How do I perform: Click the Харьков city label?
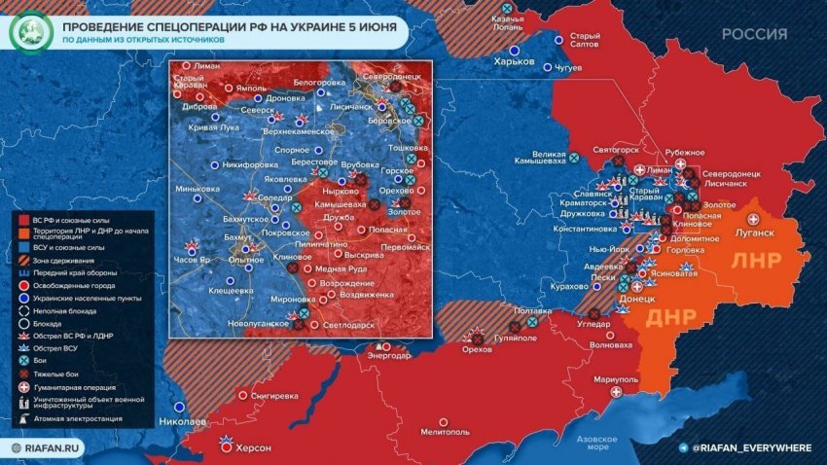pyautogui.click(x=515, y=60)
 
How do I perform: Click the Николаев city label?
pyautogui.click(x=181, y=421)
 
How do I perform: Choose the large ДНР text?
pyautogui.click(x=671, y=318)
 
